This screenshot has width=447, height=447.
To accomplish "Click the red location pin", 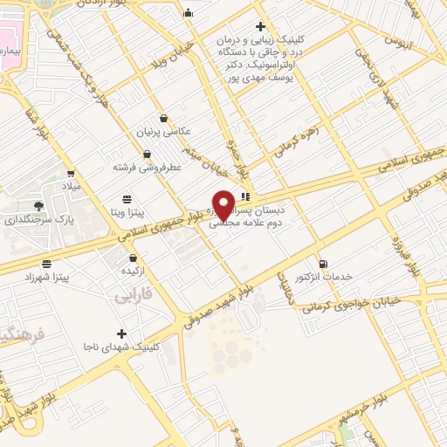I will [223, 204].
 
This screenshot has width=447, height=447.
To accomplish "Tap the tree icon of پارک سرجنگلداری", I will [38, 205].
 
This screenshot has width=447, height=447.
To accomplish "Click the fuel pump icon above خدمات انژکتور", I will [324, 264].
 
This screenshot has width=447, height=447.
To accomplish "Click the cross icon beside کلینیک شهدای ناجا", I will [121, 333].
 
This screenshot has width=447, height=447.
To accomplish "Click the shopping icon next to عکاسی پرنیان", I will [163, 118].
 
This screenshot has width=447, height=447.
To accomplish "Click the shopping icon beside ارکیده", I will [133, 258].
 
